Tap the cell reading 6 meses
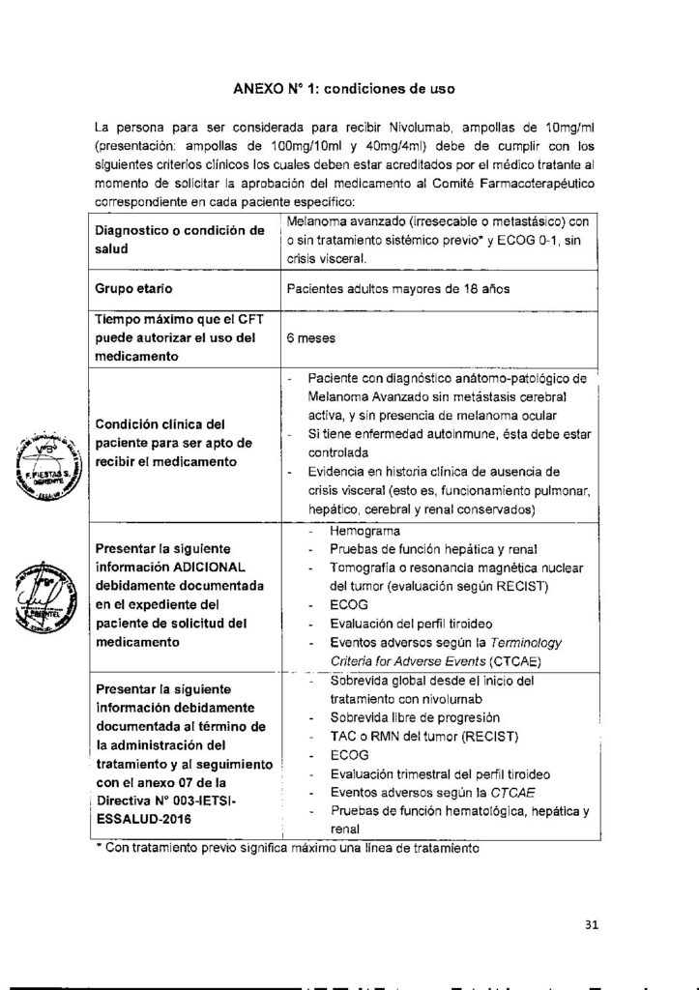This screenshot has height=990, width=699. (x=310, y=339)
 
